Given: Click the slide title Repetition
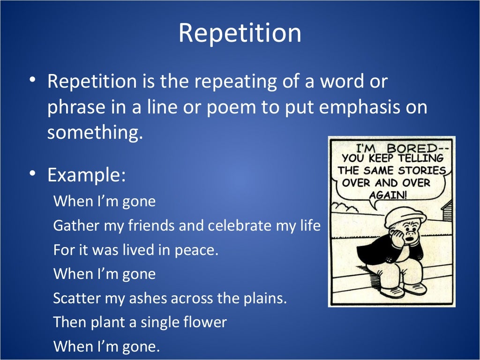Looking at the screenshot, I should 240,33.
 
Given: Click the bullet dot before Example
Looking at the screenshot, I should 32,173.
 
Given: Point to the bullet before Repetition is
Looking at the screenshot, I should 32,80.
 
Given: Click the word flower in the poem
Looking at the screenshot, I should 205,322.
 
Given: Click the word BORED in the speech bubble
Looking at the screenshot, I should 419,148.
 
